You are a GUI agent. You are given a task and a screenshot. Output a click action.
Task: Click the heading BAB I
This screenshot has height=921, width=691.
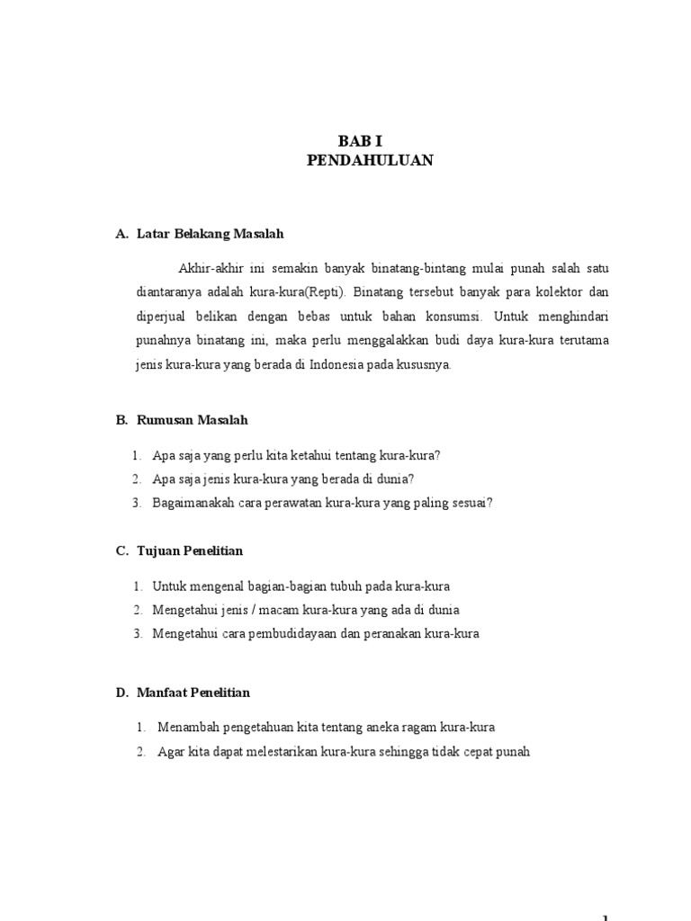[357, 141]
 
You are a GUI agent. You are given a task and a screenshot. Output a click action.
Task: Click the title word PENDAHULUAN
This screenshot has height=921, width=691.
[357, 161]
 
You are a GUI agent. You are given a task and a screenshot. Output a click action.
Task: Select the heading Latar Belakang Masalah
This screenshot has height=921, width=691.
[210, 234]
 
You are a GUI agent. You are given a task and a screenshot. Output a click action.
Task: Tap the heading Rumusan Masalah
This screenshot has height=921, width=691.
[192, 420]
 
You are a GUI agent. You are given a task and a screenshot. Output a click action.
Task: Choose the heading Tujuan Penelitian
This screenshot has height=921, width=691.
[189, 550]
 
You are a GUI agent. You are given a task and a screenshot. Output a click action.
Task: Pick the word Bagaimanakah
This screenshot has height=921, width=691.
[192, 503]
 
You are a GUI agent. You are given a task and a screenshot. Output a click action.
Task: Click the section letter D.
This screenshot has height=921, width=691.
[121, 693]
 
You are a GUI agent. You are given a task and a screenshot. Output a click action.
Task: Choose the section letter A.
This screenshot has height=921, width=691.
[121, 234]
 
